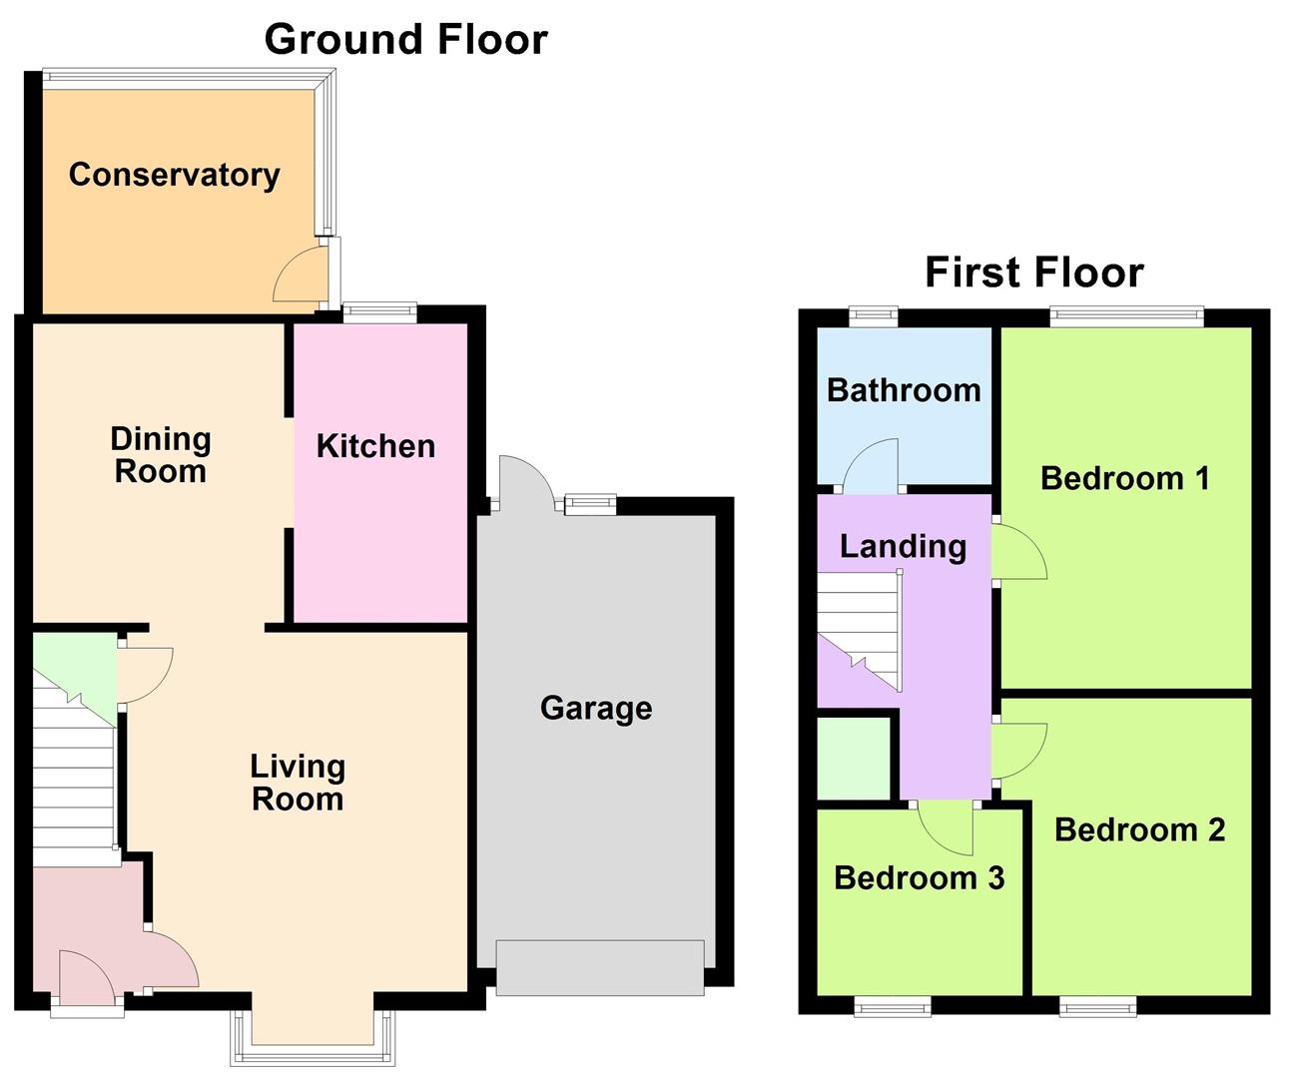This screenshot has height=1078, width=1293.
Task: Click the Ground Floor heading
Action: (405, 39)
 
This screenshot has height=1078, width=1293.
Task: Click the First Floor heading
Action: (1033, 271)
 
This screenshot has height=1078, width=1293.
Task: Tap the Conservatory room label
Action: (174, 175)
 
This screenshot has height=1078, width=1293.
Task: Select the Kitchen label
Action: (375, 446)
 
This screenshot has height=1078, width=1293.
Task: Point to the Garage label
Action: (596, 709)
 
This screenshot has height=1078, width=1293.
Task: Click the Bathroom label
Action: (905, 390)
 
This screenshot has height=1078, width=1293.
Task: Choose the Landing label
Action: (903, 547)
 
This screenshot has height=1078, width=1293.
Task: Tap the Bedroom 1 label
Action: (1125, 478)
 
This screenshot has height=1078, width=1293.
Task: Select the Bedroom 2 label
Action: (1140, 829)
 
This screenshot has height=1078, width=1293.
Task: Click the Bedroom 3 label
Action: (919, 877)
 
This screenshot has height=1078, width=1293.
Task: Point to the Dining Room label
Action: (161, 455)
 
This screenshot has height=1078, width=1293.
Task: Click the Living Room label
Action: (298, 783)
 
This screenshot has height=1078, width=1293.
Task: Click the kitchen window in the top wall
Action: (379, 312)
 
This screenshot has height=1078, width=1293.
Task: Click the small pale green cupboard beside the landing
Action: (854, 759)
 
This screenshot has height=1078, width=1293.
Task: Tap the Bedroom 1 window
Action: (1127, 316)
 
